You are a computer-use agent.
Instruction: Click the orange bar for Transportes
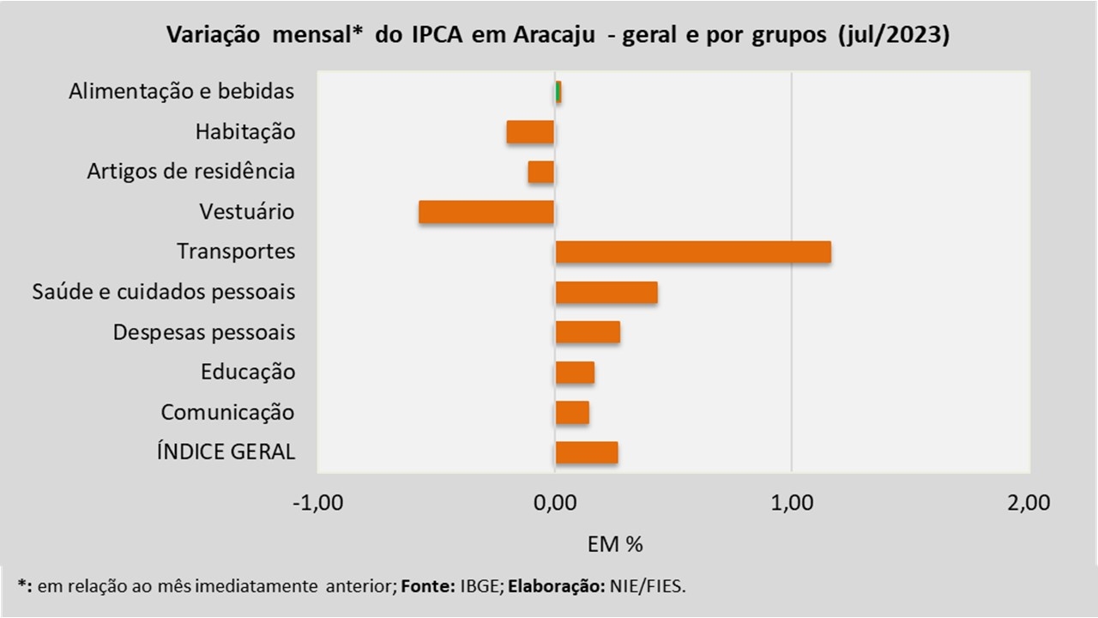click(693, 252)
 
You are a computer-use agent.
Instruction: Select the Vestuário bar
click(486, 212)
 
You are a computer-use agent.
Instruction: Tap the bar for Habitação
click(530, 132)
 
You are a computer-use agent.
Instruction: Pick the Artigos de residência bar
click(541, 173)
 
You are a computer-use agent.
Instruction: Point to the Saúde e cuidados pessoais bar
click(606, 293)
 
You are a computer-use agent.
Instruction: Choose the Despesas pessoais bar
click(588, 332)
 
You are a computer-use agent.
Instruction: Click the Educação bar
click(575, 373)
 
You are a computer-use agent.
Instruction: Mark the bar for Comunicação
click(572, 413)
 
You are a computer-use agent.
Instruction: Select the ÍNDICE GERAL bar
click(587, 452)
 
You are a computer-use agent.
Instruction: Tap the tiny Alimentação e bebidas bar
click(558, 92)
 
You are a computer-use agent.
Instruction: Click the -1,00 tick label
click(317, 503)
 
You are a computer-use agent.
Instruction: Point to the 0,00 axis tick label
click(555, 503)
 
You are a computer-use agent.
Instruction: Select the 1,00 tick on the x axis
click(792, 503)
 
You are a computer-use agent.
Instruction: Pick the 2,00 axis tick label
click(1029, 503)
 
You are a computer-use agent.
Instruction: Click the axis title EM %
click(615, 544)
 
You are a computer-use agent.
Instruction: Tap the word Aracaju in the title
click(554, 35)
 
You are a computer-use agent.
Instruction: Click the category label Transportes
click(236, 251)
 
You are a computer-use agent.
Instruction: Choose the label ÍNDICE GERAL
click(226, 451)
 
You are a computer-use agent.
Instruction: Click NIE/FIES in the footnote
click(648, 586)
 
